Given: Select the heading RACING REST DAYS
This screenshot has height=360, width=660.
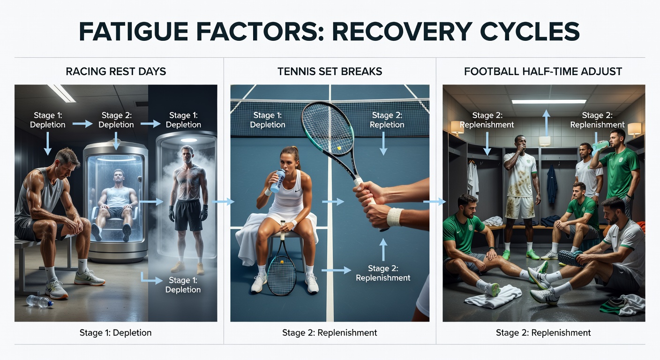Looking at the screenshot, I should coord(116,72).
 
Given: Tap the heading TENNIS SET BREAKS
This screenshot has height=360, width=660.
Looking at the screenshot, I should coord(330,72).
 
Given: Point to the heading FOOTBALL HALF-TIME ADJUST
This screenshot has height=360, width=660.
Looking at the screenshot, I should coord(543,72).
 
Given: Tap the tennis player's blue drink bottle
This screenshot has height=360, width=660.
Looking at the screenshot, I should coord(277,180).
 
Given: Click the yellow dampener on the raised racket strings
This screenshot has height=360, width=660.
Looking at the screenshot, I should coord(339,148).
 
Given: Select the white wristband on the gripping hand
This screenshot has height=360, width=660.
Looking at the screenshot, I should coord(394,217).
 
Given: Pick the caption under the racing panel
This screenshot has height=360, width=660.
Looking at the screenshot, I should coord(116,333).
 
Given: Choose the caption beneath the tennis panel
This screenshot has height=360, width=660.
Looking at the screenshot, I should coord(330,333).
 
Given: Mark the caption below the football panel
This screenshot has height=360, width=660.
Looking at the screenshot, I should coord(543,333).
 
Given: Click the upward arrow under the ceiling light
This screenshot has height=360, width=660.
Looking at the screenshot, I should coord(546,123).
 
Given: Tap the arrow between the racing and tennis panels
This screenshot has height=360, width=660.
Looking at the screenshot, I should coord(224,202).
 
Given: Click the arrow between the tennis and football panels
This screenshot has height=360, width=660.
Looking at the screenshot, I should coord(435,202).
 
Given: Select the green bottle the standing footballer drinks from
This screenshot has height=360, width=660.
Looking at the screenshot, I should coord(600,147).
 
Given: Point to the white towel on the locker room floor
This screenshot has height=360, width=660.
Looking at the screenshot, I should coord(493,296).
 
